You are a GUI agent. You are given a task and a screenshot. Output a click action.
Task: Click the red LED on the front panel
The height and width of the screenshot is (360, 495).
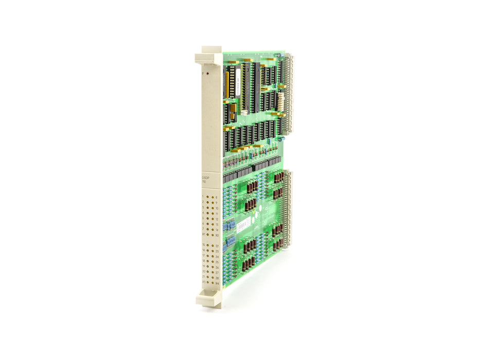pyautogui.click(x=207, y=73)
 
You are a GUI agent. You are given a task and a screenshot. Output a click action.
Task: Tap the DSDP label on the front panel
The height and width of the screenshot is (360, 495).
pyautogui.click(x=205, y=177)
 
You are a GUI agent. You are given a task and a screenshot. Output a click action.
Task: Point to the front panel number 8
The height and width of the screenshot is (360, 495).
pyautogui.click(x=217, y=197)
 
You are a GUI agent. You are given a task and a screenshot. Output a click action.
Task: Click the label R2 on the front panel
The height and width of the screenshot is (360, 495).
pyautogui.click(x=217, y=235)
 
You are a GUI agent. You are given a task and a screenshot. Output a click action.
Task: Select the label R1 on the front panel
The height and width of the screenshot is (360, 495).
pyautogui.click(x=203, y=234)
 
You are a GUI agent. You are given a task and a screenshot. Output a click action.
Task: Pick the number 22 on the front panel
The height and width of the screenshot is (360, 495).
pyautogui.click(x=217, y=246)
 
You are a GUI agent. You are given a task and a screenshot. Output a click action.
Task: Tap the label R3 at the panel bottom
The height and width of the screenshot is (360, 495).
pyautogui.click(x=203, y=282)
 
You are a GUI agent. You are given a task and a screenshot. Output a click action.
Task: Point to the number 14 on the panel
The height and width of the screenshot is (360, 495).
pyautogui.click(x=217, y=230)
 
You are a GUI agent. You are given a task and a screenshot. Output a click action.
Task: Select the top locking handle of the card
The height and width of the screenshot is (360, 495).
pyautogui.click(x=209, y=56)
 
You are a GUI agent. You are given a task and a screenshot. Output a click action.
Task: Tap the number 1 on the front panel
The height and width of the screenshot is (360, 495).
pyautogui.click(x=203, y=196)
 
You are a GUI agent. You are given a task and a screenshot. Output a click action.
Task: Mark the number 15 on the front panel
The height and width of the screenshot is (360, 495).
pyautogui.click(x=203, y=244)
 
